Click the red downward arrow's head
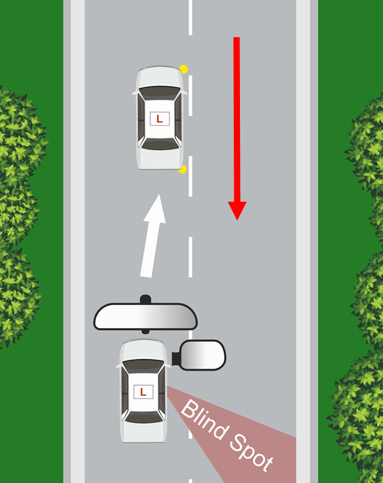coord(237,210)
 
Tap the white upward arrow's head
coord(156,209)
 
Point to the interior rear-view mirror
coord(145,316)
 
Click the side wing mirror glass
coord(202,355)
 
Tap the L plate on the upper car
coord(160,119)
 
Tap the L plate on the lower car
coord(143,392)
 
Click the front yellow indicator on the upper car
coord(183,69)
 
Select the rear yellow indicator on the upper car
coord(182,169)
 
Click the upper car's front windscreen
coord(160,92)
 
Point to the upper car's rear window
coord(160,144)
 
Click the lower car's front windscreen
coord(143,366)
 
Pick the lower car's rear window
coord(143,417)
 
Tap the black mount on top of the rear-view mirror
coord(145,299)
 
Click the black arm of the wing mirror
coord(176,359)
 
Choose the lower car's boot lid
coord(143,433)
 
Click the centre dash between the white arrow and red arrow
coord(190,257)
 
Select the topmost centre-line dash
coord(190,17)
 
